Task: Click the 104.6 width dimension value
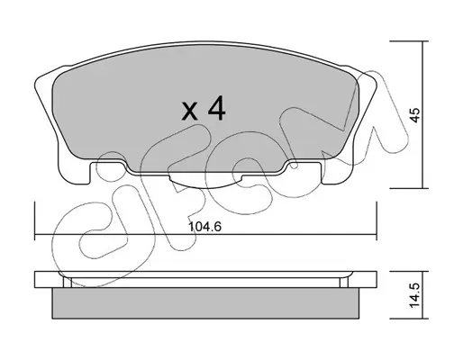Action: (x=204, y=227)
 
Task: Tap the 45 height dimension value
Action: (x=415, y=115)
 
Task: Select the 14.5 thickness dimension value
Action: (x=414, y=295)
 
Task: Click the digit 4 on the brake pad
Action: (x=217, y=108)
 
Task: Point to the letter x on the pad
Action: (x=190, y=112)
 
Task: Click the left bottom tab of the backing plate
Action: (x=74, y=173)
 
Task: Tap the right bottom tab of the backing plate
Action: (x=337, y=173)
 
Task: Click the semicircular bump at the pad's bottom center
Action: (x=205, y=182)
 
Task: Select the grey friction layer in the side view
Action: (x=205, y=303)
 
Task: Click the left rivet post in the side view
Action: (x=68, y=283)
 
